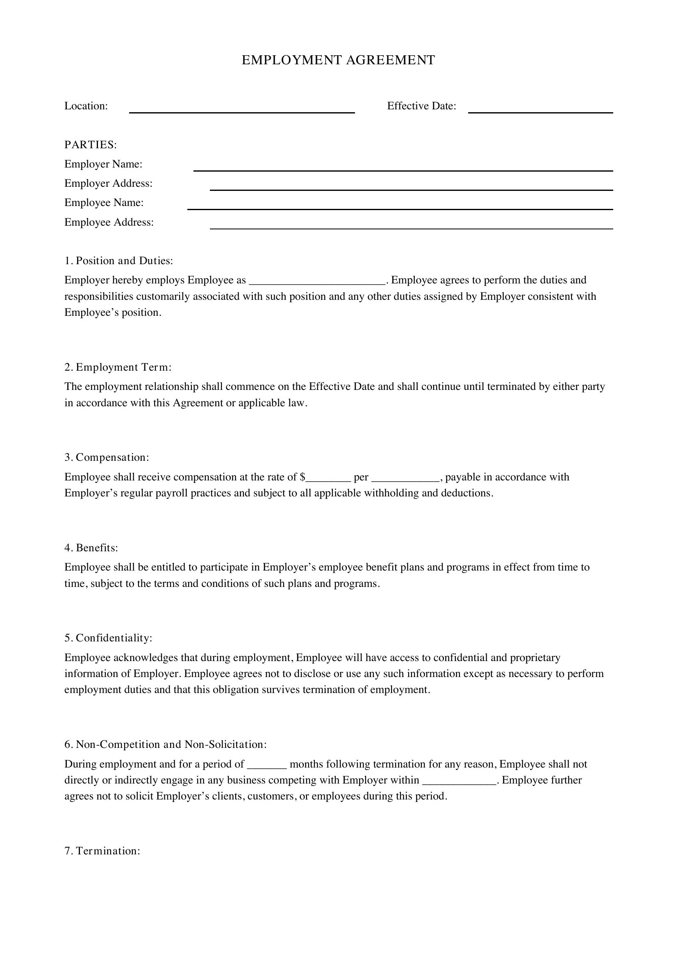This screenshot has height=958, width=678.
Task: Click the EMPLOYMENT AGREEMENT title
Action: pos(338,60)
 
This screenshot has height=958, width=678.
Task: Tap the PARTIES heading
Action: pos(91,145)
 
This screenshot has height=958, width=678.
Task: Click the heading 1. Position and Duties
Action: pos(118,261)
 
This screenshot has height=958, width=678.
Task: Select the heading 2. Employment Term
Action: pos(118,367)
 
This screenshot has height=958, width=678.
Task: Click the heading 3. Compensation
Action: pos(107,457)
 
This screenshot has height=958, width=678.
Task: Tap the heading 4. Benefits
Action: pos(91,548)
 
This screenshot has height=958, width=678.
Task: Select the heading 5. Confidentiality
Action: pos(109,638)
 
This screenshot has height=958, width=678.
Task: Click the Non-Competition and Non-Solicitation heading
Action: pos(165,744)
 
